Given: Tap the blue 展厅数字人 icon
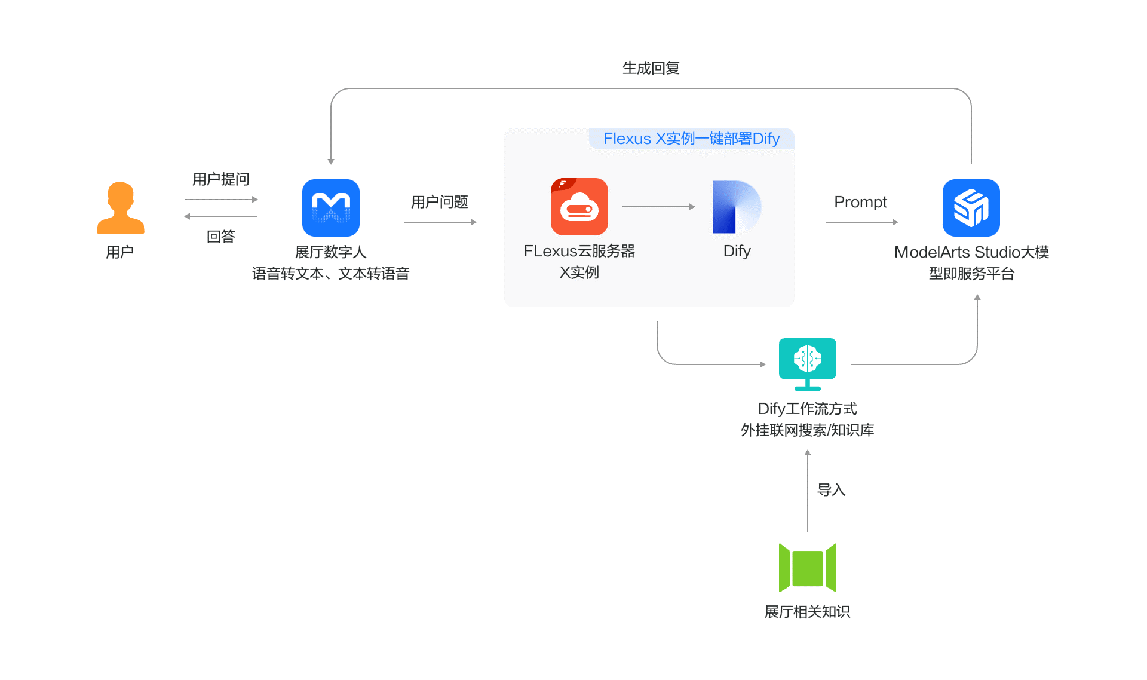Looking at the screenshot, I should [x=330, y=208].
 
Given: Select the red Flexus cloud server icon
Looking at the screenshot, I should [x=579, y=207].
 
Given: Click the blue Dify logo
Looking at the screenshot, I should [x=736, y=207].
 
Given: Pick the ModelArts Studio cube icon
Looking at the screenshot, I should [x=971, y=208].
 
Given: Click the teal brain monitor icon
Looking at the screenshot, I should [x=807, y=364].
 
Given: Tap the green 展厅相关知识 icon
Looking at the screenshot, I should [x=807, y=568].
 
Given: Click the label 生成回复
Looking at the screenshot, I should [x=651, y=68].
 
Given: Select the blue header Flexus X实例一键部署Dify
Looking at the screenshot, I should [x=691, y=139].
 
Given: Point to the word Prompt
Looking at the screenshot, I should [x=860, y=202].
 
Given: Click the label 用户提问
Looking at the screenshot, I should [x=220, y=179].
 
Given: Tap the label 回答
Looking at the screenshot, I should [x=220, y=237].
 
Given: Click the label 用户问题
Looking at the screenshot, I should [x=439, y=202].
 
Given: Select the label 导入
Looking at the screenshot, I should [x=831, y=490].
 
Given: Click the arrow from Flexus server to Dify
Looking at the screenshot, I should [x=658, y=207].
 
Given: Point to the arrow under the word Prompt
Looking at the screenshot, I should [x=861, y=222].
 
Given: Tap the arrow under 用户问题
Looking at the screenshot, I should [x=440, y=222].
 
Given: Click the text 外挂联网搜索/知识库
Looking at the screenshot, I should [x=807, y=430].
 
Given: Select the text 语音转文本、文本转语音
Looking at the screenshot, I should [x=330, y=274].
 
